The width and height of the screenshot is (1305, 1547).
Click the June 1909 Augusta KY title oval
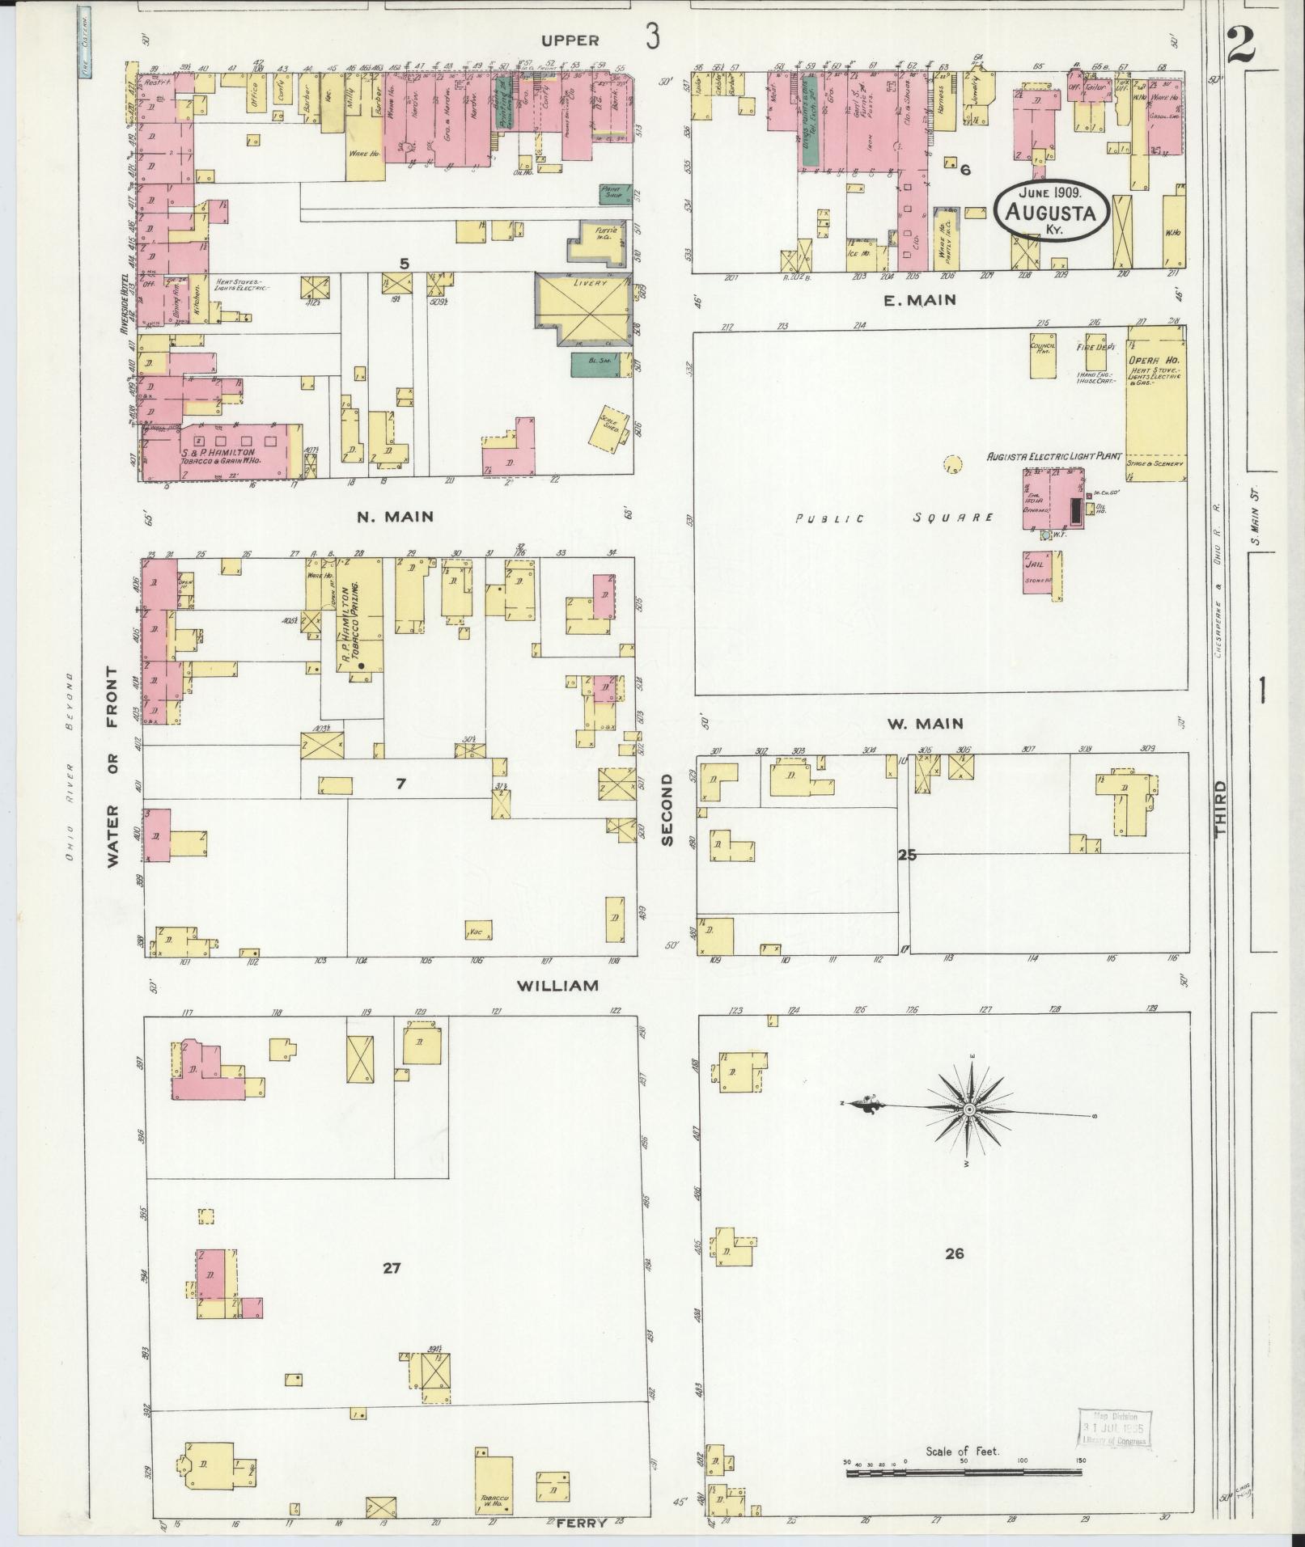coord(1051,209)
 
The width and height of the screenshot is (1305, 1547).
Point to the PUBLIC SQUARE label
coord(893,518)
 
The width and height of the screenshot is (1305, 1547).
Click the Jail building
coord(1041,572)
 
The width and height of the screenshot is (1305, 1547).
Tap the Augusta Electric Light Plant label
coord(1054,457)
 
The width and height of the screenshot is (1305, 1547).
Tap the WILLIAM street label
coord(558,985)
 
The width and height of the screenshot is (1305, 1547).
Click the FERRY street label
coord(581,1523)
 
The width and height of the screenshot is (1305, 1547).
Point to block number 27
coord(392,1268)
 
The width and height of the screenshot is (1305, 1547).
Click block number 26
coord(954,1253)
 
